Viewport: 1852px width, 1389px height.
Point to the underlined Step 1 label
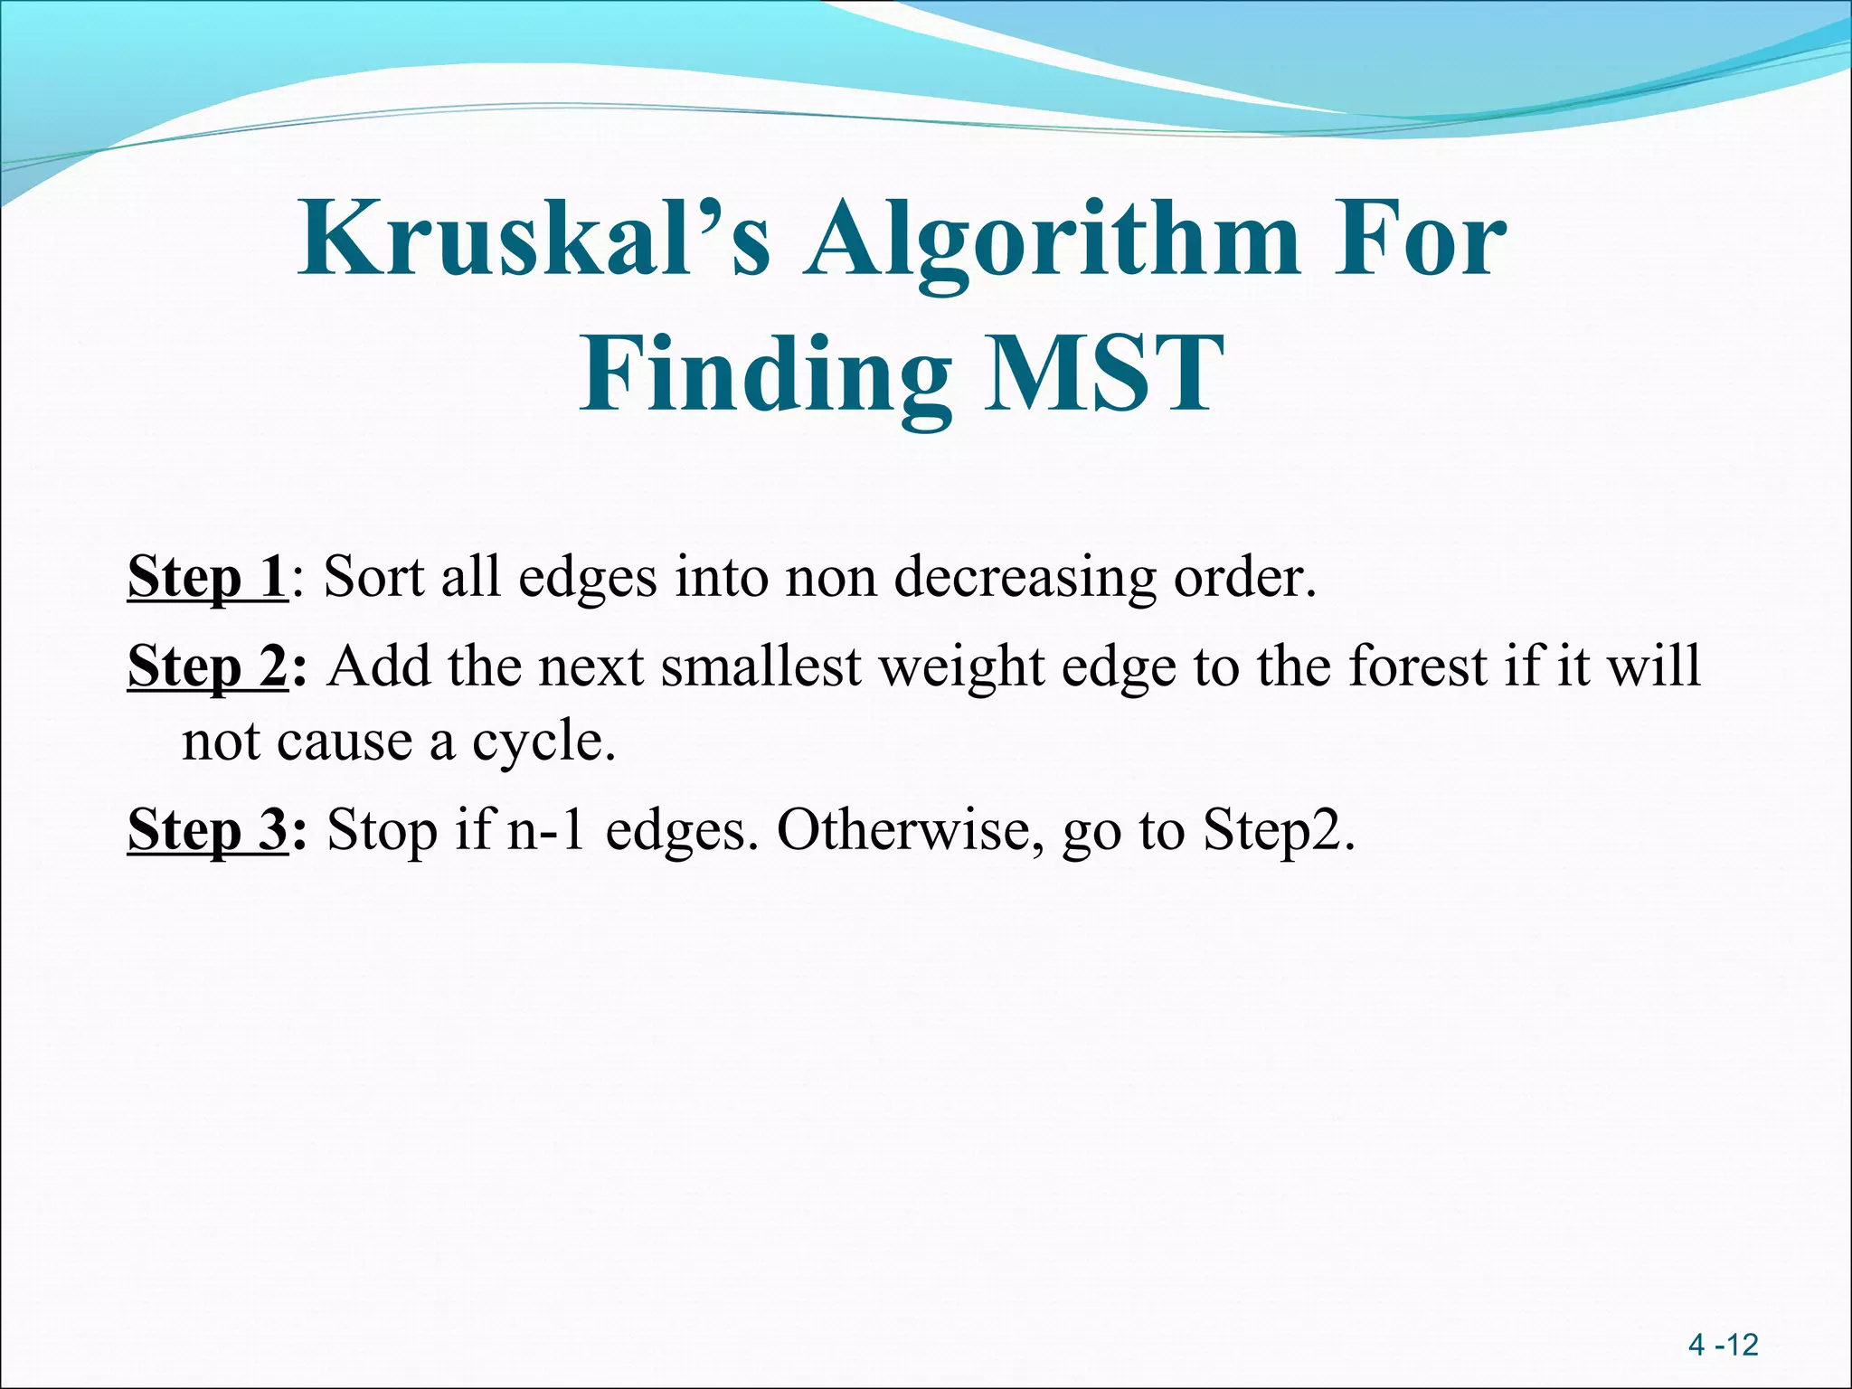pos(207,577)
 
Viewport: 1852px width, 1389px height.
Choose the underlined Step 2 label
pos(207,667)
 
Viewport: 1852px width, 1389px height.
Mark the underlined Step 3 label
pos(207,829)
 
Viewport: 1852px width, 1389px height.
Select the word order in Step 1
pos(1243,576)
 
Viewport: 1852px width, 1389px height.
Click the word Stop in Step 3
pos(383,830)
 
